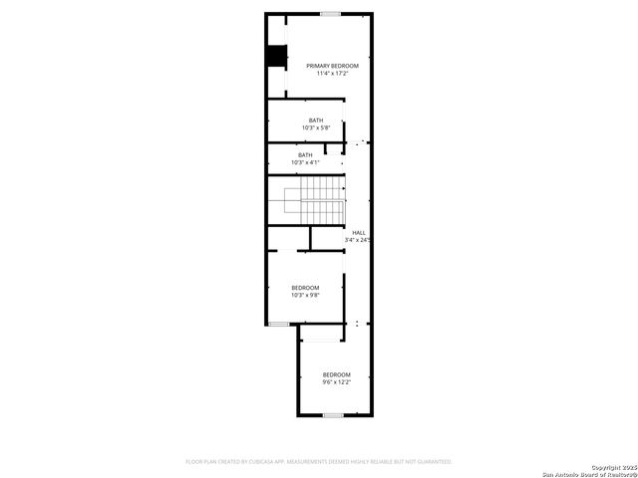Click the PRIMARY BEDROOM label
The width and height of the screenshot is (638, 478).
pos(332,66)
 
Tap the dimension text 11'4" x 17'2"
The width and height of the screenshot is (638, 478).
pos(332,73)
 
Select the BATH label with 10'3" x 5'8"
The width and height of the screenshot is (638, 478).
pos(315,120)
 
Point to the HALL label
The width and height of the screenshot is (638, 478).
pos(359,233)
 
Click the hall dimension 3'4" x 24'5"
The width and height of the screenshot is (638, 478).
pos(359,240)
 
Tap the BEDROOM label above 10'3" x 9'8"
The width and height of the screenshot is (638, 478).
pos(305,288)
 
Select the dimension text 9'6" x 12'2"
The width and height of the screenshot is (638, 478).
pos(336,382)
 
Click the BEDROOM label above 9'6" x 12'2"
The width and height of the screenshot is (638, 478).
pos(336,374)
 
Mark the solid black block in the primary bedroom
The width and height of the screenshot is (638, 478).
pos(275,56)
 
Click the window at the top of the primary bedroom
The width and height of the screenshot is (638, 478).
pos(330,13)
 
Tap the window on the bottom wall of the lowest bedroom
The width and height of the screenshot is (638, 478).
pos(333,414)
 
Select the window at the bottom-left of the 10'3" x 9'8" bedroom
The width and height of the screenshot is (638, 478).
pos(279,324)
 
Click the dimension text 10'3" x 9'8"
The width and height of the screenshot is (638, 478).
pos(305,295)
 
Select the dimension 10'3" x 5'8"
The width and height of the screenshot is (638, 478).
pos(315,127)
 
